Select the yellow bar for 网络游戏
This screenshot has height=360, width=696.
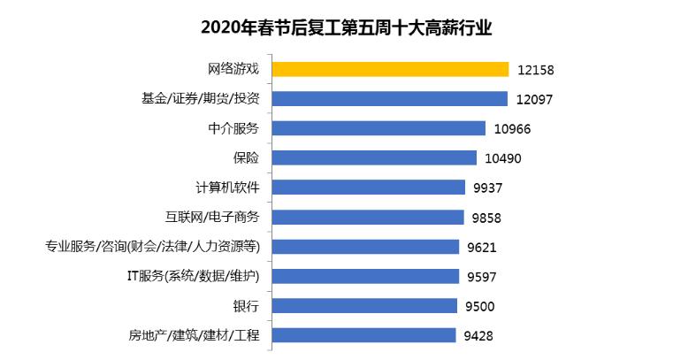coord(390,69)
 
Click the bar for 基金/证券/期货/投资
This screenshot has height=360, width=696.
coord(389,98)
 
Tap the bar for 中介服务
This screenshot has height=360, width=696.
coord(379,128)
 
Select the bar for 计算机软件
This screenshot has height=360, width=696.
coord(368,188)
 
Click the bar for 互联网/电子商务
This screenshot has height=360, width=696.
coord(367,217)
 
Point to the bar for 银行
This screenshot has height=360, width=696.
coord(364,306)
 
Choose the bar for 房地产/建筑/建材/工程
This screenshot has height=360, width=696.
coord(363,335)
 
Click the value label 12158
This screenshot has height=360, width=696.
coord(535,70)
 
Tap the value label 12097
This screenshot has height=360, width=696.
coord(534,99)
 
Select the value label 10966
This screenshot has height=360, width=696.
coord(511,129)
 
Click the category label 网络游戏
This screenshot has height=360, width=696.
coord(233,69)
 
